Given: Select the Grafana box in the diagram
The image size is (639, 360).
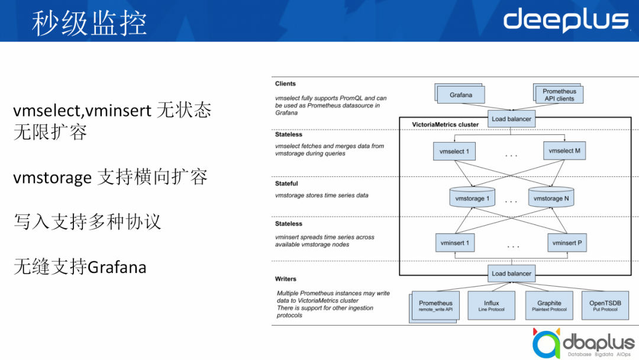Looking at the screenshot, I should [461, 95].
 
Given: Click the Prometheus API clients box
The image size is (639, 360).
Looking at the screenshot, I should [559, 95].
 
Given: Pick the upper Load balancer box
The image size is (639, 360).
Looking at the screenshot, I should [511, 119].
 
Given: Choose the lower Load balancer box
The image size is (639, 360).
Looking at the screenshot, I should [511, 274].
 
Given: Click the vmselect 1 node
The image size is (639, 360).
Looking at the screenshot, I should [454, 152].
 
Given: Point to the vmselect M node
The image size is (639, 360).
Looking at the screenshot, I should [564, 151].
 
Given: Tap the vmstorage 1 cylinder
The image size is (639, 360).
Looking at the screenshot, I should [472, 198].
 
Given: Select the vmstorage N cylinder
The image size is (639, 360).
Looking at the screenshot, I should [551, 198].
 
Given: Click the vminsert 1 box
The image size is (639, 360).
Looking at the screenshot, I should [455, 243].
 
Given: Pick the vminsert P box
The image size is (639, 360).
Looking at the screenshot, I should [567, 243].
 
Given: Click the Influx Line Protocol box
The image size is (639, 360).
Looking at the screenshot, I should [491, 306].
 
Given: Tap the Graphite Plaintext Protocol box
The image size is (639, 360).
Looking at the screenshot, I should [548, 306].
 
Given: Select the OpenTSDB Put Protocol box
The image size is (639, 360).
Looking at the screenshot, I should [605, 306].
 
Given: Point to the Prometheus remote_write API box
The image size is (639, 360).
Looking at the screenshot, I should [435, 306].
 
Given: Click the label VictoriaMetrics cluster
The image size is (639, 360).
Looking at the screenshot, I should [445, 125].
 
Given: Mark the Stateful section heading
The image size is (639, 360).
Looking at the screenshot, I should [286, 184].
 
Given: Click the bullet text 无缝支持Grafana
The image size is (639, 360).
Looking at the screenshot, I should [80, 267].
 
